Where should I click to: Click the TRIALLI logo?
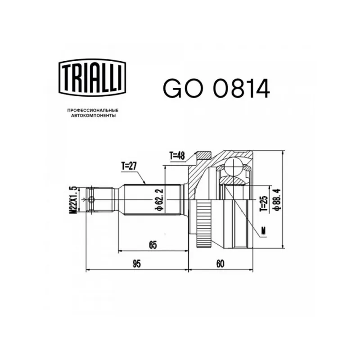[92, 77]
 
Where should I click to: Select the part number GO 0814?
[216, 88]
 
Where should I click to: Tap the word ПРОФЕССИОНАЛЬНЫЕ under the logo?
[93, 110]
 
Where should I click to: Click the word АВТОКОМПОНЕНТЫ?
[93, 116]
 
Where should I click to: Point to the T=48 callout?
[177, 156]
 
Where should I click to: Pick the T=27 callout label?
[129, 166]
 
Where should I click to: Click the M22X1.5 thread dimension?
[74, 200]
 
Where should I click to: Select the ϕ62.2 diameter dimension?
[160, 199]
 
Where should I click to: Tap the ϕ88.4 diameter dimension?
[277, 199]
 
